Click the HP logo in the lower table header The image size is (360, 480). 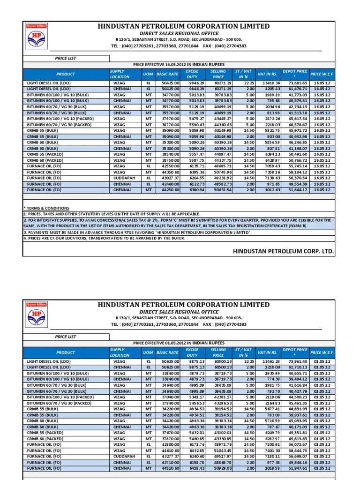click(37, 315)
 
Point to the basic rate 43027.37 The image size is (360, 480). click(167, 178)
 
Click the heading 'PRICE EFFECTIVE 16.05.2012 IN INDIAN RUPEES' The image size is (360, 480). click(179, 64)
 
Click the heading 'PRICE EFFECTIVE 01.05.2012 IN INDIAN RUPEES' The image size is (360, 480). click(179, 343)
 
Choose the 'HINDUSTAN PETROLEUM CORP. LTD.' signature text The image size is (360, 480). click(284, 252)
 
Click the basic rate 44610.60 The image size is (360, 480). click(167, 450)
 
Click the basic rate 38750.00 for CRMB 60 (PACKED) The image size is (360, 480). click(167, 160)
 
